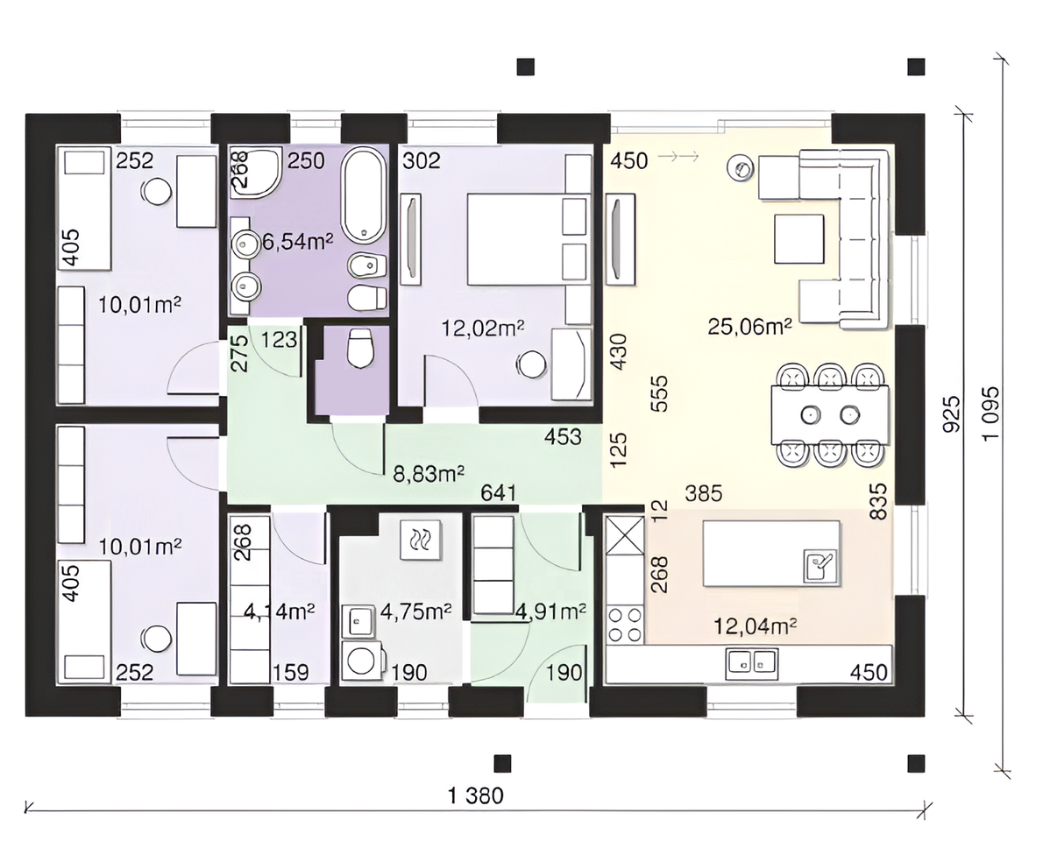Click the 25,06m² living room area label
click(x=749, y=327)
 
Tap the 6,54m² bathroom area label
click(x=296, y=241)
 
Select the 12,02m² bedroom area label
click(x=483, y=327)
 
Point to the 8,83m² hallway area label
click(x=429, y=473)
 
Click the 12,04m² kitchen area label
click(x=755, y=625)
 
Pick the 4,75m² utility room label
click(x=415, y=611)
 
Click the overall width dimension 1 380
click(x=476, y=795)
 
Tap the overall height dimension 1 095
click(x=990, y=413)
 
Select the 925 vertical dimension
click(x=953, y=414)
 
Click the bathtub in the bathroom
click(x=363, y=195)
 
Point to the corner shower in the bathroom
click(x=256, y=173)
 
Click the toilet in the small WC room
click(x=358, y=348)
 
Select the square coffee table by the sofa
click(x=798, y=238)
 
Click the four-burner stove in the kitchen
click(x=625, y=625)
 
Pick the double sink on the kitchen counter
click(x=752, y=662)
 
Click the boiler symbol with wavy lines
click(x=420, y=538)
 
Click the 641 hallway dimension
click(x=499, y=492)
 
